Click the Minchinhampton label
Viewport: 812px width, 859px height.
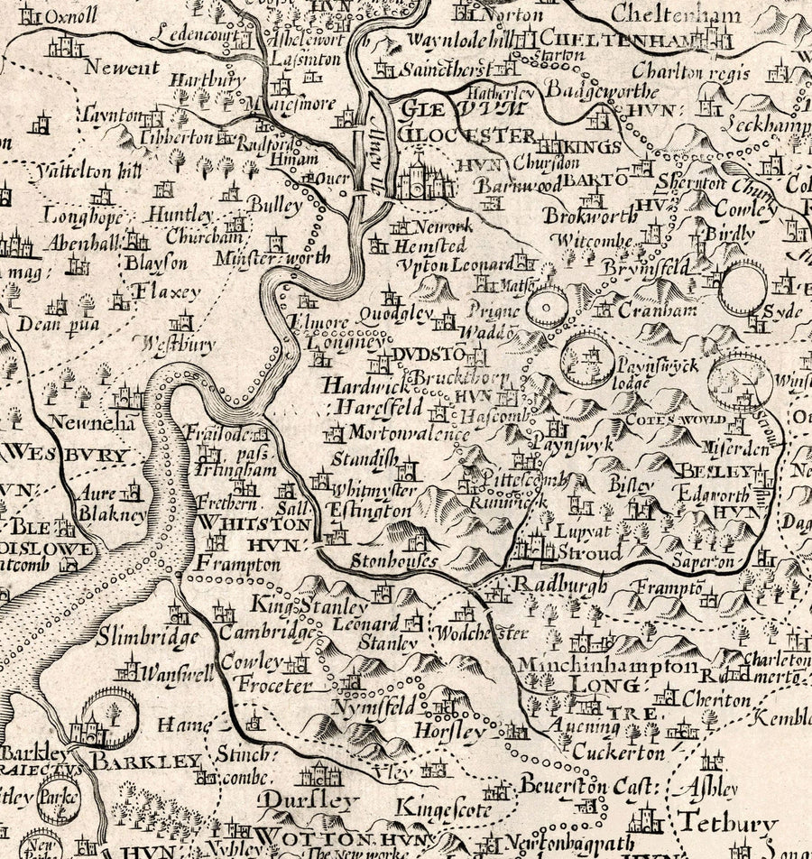pos(607,666)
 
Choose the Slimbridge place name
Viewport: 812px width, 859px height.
pos(147,637)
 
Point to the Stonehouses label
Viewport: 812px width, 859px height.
pos(393,560)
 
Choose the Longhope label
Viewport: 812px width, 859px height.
pos(77,217)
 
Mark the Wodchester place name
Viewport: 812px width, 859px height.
pos(478,634)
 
